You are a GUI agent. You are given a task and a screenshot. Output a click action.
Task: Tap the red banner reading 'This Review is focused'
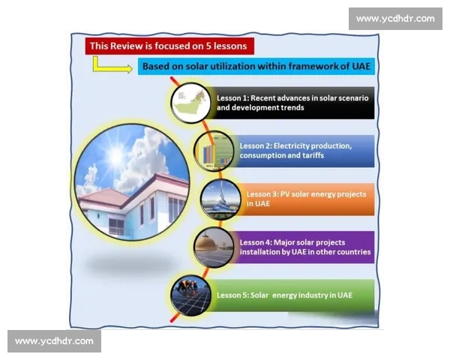pos(169,46)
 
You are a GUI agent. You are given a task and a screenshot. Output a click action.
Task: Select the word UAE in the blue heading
pos(361,66)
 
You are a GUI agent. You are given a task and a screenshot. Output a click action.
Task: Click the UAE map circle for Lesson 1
pos(190,103)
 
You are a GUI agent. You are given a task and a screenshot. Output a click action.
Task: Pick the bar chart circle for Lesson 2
pos(214,151)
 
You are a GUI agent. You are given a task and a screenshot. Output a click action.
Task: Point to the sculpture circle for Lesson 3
pos(220,199)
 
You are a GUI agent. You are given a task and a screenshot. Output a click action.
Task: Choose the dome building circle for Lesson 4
pos(214,247)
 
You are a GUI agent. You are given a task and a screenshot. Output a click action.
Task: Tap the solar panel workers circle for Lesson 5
pos(190,295)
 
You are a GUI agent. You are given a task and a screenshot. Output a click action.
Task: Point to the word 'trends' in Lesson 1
pos(292,108)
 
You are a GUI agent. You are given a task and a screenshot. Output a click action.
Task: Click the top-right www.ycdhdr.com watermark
pos(395,19)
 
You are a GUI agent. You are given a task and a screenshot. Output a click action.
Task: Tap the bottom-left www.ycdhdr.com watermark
pos(54,341)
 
